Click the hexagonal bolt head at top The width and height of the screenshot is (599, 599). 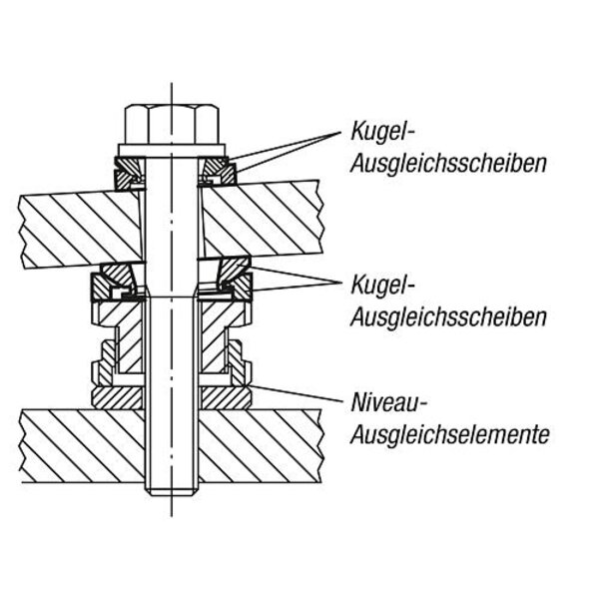(x=171, y=124)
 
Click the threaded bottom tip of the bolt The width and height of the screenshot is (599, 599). (x=171, y=485)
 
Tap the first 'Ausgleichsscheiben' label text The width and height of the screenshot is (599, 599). (x=448, y=163)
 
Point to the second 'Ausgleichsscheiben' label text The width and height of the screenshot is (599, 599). (x=448, y=317)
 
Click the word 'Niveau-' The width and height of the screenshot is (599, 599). (x=389, y=403)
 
